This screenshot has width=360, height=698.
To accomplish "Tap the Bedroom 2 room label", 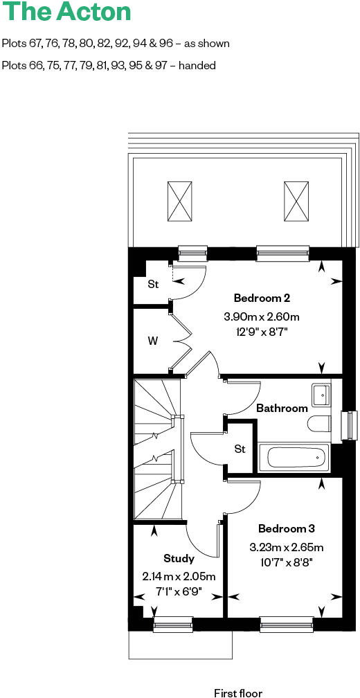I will click(261, 298).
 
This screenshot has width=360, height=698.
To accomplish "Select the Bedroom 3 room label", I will click(286, 528).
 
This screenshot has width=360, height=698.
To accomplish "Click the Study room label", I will click(179, 558).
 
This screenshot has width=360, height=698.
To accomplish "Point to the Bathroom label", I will click(282, 408).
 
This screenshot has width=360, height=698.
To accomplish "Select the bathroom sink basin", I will click(321, 394).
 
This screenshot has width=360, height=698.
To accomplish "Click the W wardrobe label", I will click(152, 341).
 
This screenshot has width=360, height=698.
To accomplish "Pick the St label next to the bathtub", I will click(240, 449).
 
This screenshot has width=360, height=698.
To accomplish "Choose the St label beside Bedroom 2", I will click(153, 284).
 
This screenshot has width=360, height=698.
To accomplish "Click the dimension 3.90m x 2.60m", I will click(261, 316).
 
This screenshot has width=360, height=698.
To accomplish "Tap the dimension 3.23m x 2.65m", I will click(286, 547).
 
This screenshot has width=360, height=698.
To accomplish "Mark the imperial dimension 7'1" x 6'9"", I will click(179, 592).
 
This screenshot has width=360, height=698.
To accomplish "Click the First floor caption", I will click(237, 692).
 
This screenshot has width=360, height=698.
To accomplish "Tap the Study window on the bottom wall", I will click(173, 626).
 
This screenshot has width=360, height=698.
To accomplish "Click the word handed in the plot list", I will click(199, 65).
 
